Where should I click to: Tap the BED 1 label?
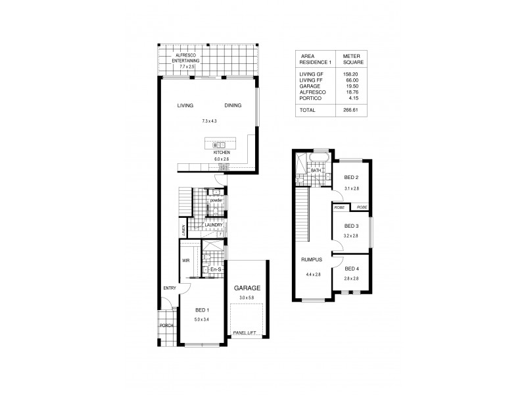click(x=203, y=310)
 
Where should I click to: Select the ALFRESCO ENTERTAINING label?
click(x=180, y=59)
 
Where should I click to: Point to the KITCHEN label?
click(x=222, y=152)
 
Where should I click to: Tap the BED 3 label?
click(x=352, y=226)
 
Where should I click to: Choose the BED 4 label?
click(x=352, y=268)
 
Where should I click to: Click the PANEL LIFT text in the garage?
click(x=245, y=335)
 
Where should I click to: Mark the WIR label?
click(x=186, y=261)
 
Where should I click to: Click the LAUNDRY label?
click(x=212, y=226)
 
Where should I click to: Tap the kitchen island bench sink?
click(x=220, y=144)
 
